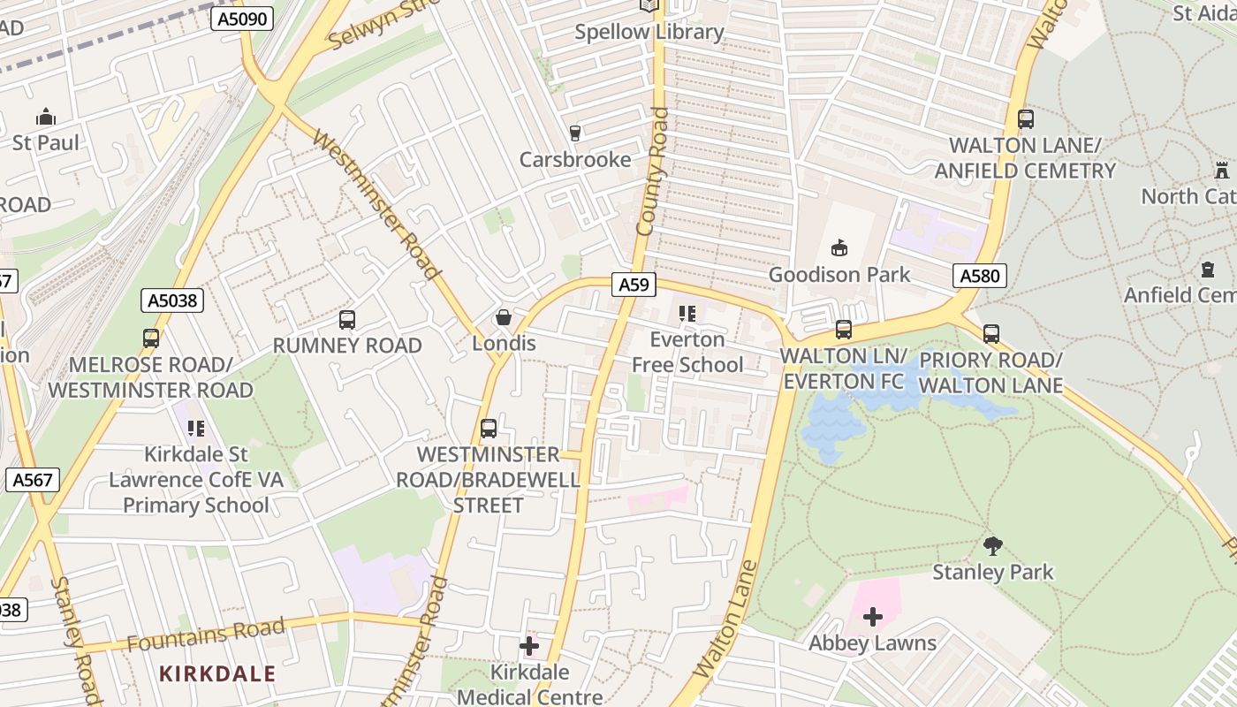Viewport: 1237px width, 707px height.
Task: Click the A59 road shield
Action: [634, 285]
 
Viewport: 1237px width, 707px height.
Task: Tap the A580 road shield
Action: [980, 276]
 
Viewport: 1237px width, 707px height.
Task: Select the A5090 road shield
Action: [241, 18]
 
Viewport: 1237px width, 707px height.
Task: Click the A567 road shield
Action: [33, 480]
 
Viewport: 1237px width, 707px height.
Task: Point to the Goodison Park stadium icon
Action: [839, 247]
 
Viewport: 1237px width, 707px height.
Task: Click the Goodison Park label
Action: [839, 275]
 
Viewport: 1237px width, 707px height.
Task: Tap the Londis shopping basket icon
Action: [504, 316]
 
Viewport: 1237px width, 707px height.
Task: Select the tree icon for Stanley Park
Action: [993, 545]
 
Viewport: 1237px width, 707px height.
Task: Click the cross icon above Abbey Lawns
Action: [873, 616]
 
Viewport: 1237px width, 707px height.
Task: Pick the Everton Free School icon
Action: [687, 313]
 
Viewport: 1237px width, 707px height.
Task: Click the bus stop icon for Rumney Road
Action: [347, 319]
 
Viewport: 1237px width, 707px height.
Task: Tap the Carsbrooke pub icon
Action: [575, 133]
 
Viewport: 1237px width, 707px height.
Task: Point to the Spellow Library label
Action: [649, 32]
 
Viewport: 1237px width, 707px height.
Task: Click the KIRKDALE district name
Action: [217, 673]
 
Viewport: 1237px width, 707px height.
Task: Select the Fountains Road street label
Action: [206, 635]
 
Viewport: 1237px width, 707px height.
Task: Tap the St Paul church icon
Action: [45, 117]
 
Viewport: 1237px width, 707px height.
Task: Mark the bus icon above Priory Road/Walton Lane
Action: [991, 333]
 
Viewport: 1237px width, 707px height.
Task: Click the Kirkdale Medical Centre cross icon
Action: [529, 646]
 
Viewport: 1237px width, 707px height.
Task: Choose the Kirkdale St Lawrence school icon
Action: [195, 429]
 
